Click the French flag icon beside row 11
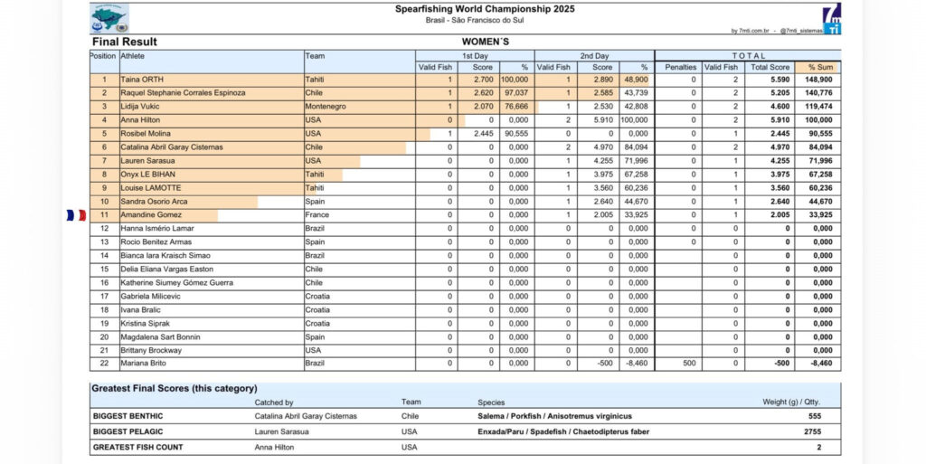pos(76,215)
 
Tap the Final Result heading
pos(125,42)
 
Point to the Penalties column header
pos(680,67)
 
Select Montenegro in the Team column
pos(326,107)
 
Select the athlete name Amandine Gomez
pos(151,215)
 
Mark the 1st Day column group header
pos(475,55)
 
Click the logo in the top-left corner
pos(109,17)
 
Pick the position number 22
pos(104,364)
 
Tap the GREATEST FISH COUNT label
pos(137,447)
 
